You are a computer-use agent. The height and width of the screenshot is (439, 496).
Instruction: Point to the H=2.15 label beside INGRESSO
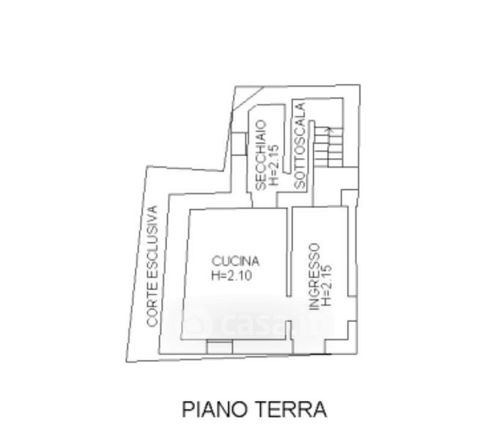pyautogui.click(x=327, y=284)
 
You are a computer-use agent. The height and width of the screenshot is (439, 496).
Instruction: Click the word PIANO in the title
pyautogui.click(x=212, y=408)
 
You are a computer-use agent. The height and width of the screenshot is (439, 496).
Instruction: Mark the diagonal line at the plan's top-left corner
pyautogui.click(x=247, y=99)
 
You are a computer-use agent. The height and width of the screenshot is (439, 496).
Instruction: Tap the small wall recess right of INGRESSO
pyautogui.click(x=349, y=198)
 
